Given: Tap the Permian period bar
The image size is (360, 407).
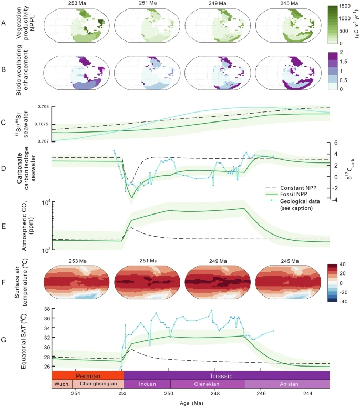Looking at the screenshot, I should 87,376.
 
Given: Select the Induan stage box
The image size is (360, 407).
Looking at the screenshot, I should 147,384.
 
